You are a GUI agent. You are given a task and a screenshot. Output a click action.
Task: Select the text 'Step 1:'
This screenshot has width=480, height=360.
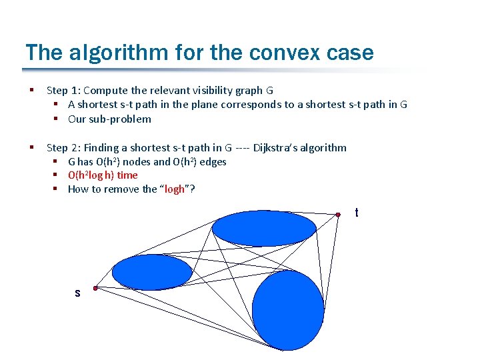[x=64, y=90]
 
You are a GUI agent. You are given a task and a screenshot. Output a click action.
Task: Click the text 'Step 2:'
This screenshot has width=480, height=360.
[x=64, y=147]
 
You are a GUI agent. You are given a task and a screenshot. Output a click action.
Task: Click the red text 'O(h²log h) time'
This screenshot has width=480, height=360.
[x=103, y=175]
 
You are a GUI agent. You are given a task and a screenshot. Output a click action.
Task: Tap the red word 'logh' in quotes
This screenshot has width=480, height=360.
[x=175, y=189]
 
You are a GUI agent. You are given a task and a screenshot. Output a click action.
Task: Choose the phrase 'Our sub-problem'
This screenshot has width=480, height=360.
[x=109, y=119]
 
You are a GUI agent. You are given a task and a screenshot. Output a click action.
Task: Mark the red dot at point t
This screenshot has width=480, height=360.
[x=338, y=214]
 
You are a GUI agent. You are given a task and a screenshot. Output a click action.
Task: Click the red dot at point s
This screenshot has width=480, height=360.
[x=96, y=289]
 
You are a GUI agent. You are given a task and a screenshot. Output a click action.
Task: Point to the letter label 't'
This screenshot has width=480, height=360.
[x=357, y=213]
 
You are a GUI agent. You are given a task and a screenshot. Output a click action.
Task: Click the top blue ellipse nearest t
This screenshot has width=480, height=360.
[x=264, y=229]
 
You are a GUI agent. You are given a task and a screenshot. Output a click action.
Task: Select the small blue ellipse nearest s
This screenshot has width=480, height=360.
[x=152, y=272]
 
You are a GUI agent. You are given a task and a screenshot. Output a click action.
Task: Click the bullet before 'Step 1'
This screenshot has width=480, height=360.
[x=31, y=90]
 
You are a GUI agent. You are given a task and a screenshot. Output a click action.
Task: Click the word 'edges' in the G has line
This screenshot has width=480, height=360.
[x=213, y=161]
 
